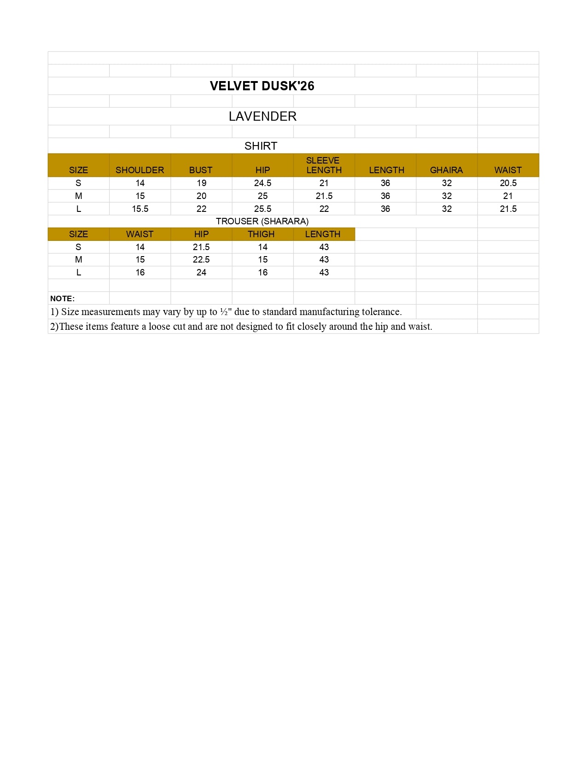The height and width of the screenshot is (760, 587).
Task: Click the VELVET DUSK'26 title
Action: point(262,86)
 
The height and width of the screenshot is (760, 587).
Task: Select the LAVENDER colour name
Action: point(262,117)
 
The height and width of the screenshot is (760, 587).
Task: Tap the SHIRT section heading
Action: point(261,146)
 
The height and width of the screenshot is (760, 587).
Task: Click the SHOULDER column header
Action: point(139,170)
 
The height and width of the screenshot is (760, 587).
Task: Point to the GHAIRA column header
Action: point(446,170)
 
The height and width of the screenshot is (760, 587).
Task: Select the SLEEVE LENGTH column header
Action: point(324,165)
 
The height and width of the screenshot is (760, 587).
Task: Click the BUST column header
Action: point(201,170)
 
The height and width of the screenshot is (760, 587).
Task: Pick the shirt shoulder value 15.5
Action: point(140,209)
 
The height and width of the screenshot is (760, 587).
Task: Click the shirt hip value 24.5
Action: point(262,183)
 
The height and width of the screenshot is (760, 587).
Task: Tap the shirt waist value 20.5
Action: point(508,183)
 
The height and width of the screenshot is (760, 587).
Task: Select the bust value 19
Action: point(201,183)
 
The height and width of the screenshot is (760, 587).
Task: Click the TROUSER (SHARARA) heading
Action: point(262,221)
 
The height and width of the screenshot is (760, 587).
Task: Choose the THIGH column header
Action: point(261,234)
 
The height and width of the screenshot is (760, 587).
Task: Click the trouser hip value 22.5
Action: point(201,259)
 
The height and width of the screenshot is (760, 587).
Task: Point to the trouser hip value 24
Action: point(201,272)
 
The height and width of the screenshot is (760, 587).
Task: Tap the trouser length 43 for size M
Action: point(324,259)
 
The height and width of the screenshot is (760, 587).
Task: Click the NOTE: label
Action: point(62,298)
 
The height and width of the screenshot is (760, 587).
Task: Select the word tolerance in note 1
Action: point(381,312)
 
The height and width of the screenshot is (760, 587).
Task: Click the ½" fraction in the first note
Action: point(226,312)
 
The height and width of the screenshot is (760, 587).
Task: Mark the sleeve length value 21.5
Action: point(324,196)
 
